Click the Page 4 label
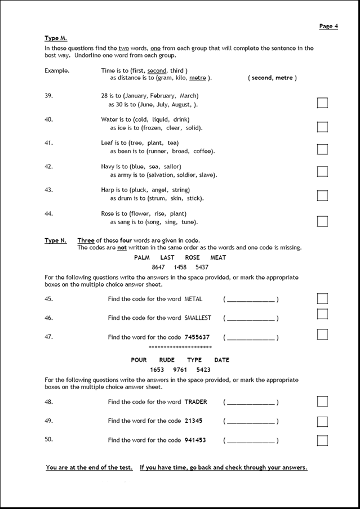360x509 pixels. (x=328, y=26)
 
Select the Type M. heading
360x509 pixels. (x=56, y=38)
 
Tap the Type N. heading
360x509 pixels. (x=55, y=240)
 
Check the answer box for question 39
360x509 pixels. (x=322, y=102)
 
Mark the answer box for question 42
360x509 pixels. (x=322, y=171)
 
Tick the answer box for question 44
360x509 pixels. (x=322, y=221)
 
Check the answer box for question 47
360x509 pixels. (x=322, y=334)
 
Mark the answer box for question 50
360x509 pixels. (x=322, y=440)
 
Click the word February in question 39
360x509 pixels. (x=163, y=96)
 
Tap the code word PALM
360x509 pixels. (x=141, y=257)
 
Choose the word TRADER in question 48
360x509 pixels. (x=195, y=402)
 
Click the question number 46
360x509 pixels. (x=48, y=318)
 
